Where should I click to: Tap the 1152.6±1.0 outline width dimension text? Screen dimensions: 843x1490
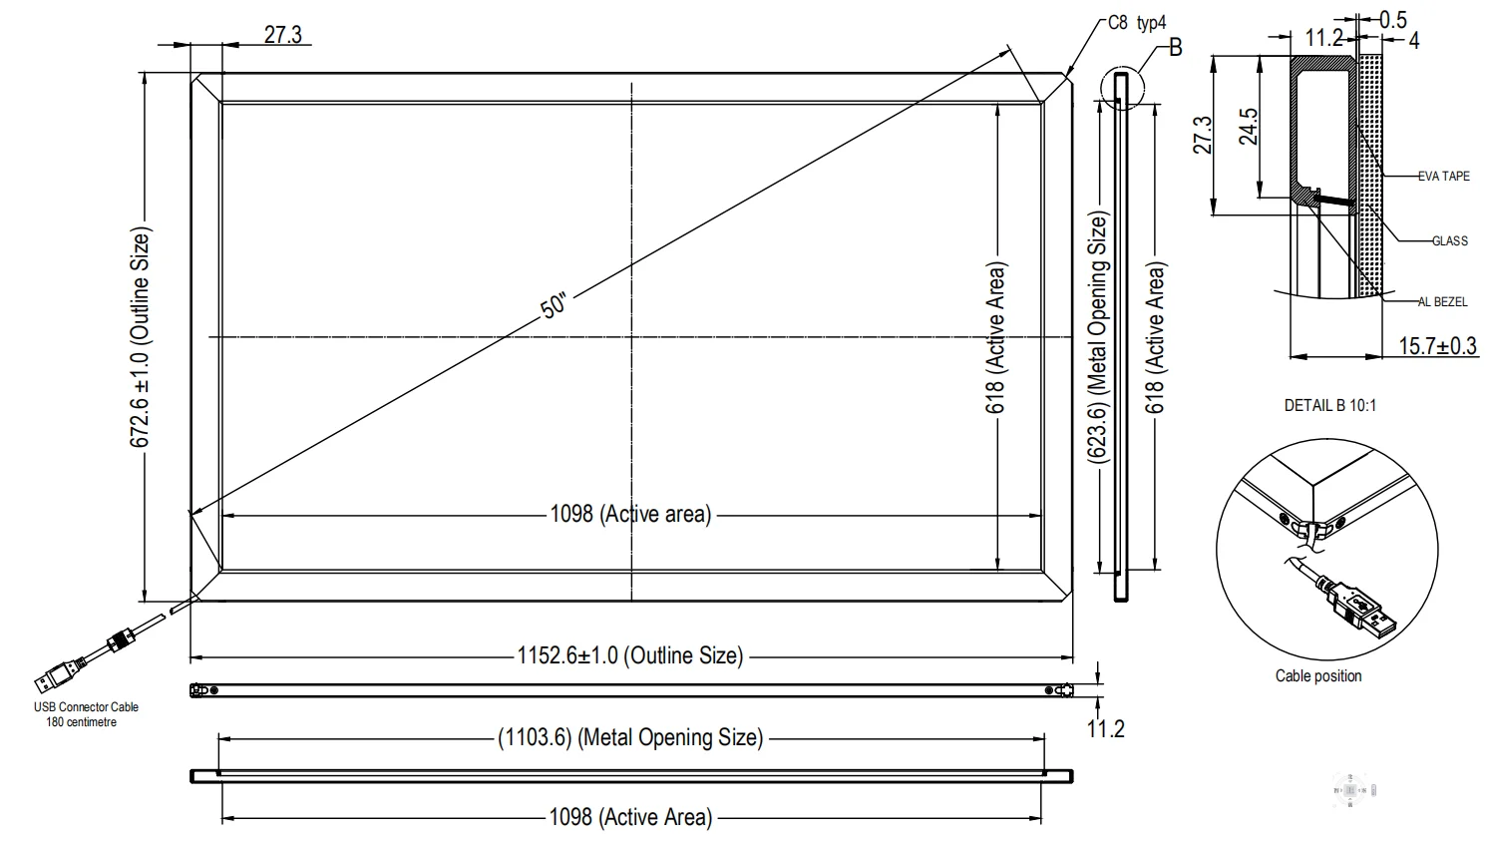point(629,656)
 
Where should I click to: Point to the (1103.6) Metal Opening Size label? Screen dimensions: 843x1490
point(629,738)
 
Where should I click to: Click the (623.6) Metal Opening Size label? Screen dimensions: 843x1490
point(1097,339)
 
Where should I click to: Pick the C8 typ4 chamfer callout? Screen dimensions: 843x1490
point(1136,23)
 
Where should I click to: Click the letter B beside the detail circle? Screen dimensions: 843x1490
point(1175,47)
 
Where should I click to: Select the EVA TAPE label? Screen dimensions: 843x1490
point(1443,177)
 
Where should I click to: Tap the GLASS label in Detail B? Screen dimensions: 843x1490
point(1449,241)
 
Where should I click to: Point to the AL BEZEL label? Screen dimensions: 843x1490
point(1442,302)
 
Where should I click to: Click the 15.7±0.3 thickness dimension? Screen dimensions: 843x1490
point(1437,346)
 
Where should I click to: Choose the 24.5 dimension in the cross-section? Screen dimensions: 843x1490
point(1249,127)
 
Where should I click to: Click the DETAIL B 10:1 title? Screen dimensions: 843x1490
point(1329,405)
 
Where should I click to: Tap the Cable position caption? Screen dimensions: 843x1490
point(1317,676)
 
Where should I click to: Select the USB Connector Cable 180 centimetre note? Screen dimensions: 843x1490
point(86,714)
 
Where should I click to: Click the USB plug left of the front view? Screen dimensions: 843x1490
point(55,677)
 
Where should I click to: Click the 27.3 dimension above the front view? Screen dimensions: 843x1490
point(282,35)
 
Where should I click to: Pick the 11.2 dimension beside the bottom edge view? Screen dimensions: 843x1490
point(1105,729)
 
